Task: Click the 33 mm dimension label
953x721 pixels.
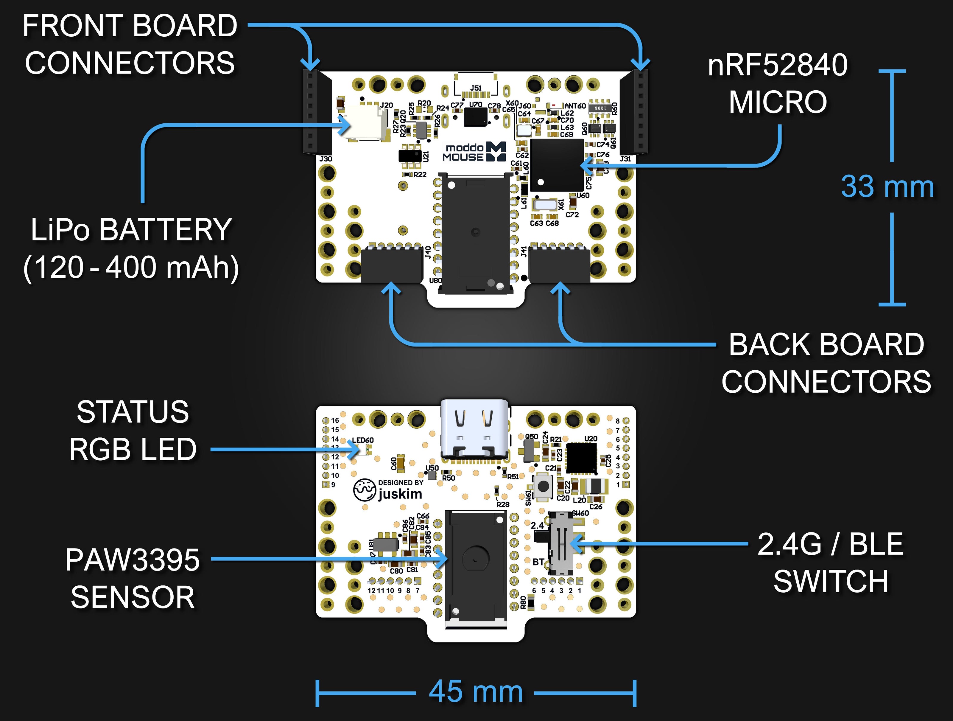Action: [887, 187]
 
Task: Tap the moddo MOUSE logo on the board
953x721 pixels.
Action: [474, 152]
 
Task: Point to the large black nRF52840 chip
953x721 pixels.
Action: [557, 165]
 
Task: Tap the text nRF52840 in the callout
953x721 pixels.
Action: [778, 66]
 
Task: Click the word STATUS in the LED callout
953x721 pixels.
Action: [133, 412]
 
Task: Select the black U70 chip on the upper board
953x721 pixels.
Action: [476, 117]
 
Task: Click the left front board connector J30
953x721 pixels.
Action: [311, 111]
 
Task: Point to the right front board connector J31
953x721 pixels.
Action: [640, 111]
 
